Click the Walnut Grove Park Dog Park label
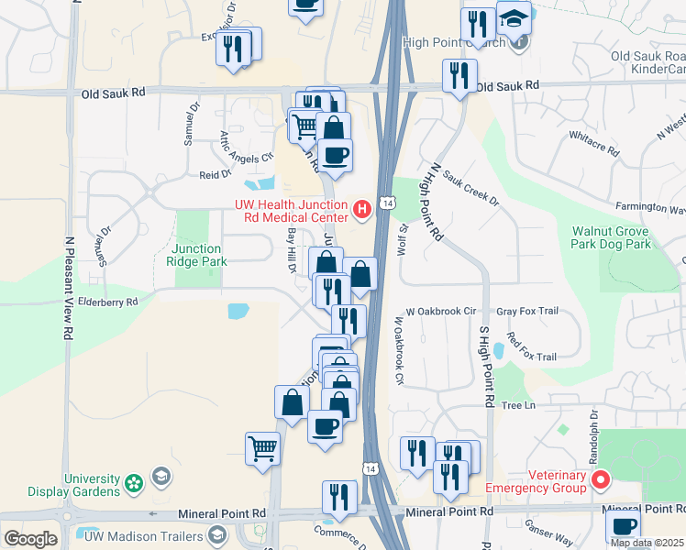(x=611, y=237)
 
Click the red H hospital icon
(x=362, y=210)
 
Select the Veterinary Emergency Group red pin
(x=601, y=479)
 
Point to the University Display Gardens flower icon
(x=134, y=481)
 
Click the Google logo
(x=30, y=539)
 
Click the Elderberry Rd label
(x=106, y=301)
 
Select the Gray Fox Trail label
(x=527, y=311)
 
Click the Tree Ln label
(x=517, y=405)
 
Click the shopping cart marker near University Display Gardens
(x=262, y=449)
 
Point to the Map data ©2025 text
(x=647, y=543)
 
